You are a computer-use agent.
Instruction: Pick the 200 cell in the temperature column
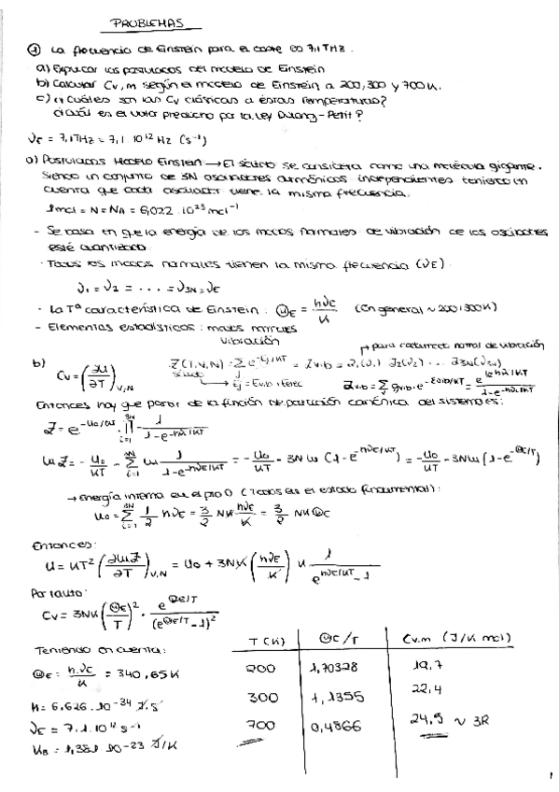tap(257, 669)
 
